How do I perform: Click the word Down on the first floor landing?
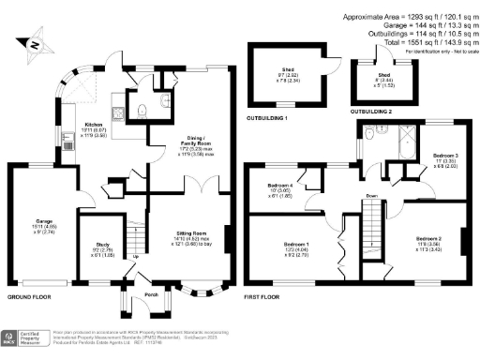coord(372,196)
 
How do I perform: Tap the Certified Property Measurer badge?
coord(23,338)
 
